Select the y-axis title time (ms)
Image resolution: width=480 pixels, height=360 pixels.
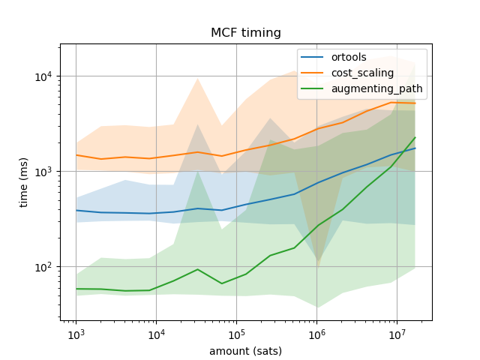[x=24, y=181]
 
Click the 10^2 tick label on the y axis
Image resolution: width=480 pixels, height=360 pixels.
[x=42, y=267]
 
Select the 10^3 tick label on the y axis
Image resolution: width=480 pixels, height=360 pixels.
[x=42, y=172]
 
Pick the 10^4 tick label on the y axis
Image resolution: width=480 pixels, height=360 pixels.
[x=42, y=76]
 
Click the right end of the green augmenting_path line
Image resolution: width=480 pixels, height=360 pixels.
[x=415, y=137]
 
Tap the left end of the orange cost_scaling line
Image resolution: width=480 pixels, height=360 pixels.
[x=76, y=155]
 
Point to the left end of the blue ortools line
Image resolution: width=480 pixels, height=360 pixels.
[x=76, y=210]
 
